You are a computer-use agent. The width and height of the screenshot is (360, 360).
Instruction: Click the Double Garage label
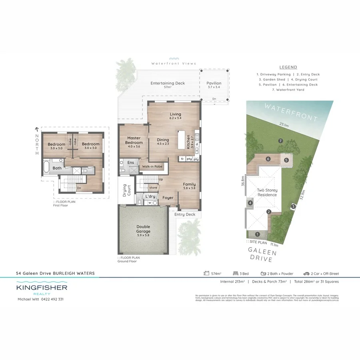tap(143, 229)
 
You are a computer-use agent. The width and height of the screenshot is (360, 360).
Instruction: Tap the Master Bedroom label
tap(134, 140)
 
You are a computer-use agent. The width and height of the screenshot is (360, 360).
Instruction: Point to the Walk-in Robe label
tap(151, 166)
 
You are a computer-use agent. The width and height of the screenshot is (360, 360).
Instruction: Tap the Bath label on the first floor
tap(57, 168)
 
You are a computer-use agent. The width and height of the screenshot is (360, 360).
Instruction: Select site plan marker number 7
tap(281, 141)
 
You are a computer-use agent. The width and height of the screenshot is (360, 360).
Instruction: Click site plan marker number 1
tap(257, 234)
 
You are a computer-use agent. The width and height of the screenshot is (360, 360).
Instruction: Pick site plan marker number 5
tap(286, 160)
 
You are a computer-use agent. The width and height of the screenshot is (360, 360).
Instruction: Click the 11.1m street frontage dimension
tap(274, 244)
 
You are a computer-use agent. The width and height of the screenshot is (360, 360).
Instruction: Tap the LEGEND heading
tap(288, 67)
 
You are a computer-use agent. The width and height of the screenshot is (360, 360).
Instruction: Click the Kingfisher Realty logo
tap(42, 289)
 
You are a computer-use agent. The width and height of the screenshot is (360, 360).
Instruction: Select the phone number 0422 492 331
tap(52, 299)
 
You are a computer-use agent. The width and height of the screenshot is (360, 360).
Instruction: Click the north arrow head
tap(37, 129)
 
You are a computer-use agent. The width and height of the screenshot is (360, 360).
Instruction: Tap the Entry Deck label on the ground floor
tap(185, 214)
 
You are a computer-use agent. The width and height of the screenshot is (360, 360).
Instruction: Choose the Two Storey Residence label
tap(267, 192)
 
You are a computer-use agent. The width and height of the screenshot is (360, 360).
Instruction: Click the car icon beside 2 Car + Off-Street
tap(306, 274)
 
